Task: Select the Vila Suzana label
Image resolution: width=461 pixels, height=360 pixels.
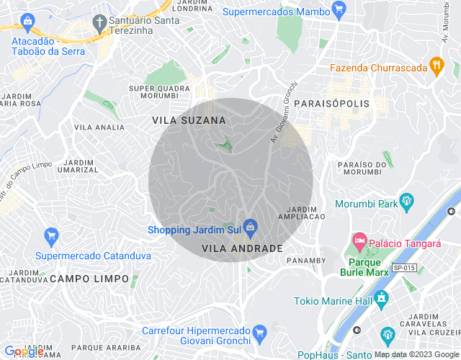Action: point(189,120)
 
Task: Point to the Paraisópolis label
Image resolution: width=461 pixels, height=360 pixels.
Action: point(331,104)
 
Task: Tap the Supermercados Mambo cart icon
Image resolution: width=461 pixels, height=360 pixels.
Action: point(339,11)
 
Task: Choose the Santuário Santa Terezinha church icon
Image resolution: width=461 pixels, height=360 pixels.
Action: point(99,22)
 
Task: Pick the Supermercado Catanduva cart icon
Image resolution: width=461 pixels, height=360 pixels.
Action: point(50,235)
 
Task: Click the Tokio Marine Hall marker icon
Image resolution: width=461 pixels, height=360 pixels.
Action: point(381,297)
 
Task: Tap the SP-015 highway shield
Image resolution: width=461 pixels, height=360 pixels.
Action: point(403,268)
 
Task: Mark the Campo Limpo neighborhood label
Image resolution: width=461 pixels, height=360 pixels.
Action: point(90,279)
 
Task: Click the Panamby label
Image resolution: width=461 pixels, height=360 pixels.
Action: point(306,260)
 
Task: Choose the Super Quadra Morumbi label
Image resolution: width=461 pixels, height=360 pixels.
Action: point(159,92)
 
